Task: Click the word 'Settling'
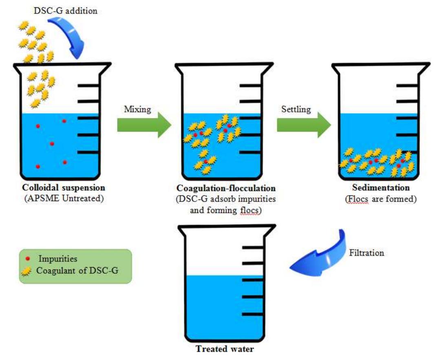coord(296,109)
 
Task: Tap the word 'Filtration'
coord(367,252)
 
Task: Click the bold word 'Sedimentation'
coord(381,188)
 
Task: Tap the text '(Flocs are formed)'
coord(381,199)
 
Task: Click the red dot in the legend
coord(27,259)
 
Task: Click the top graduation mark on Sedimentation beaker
coord(407,85)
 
